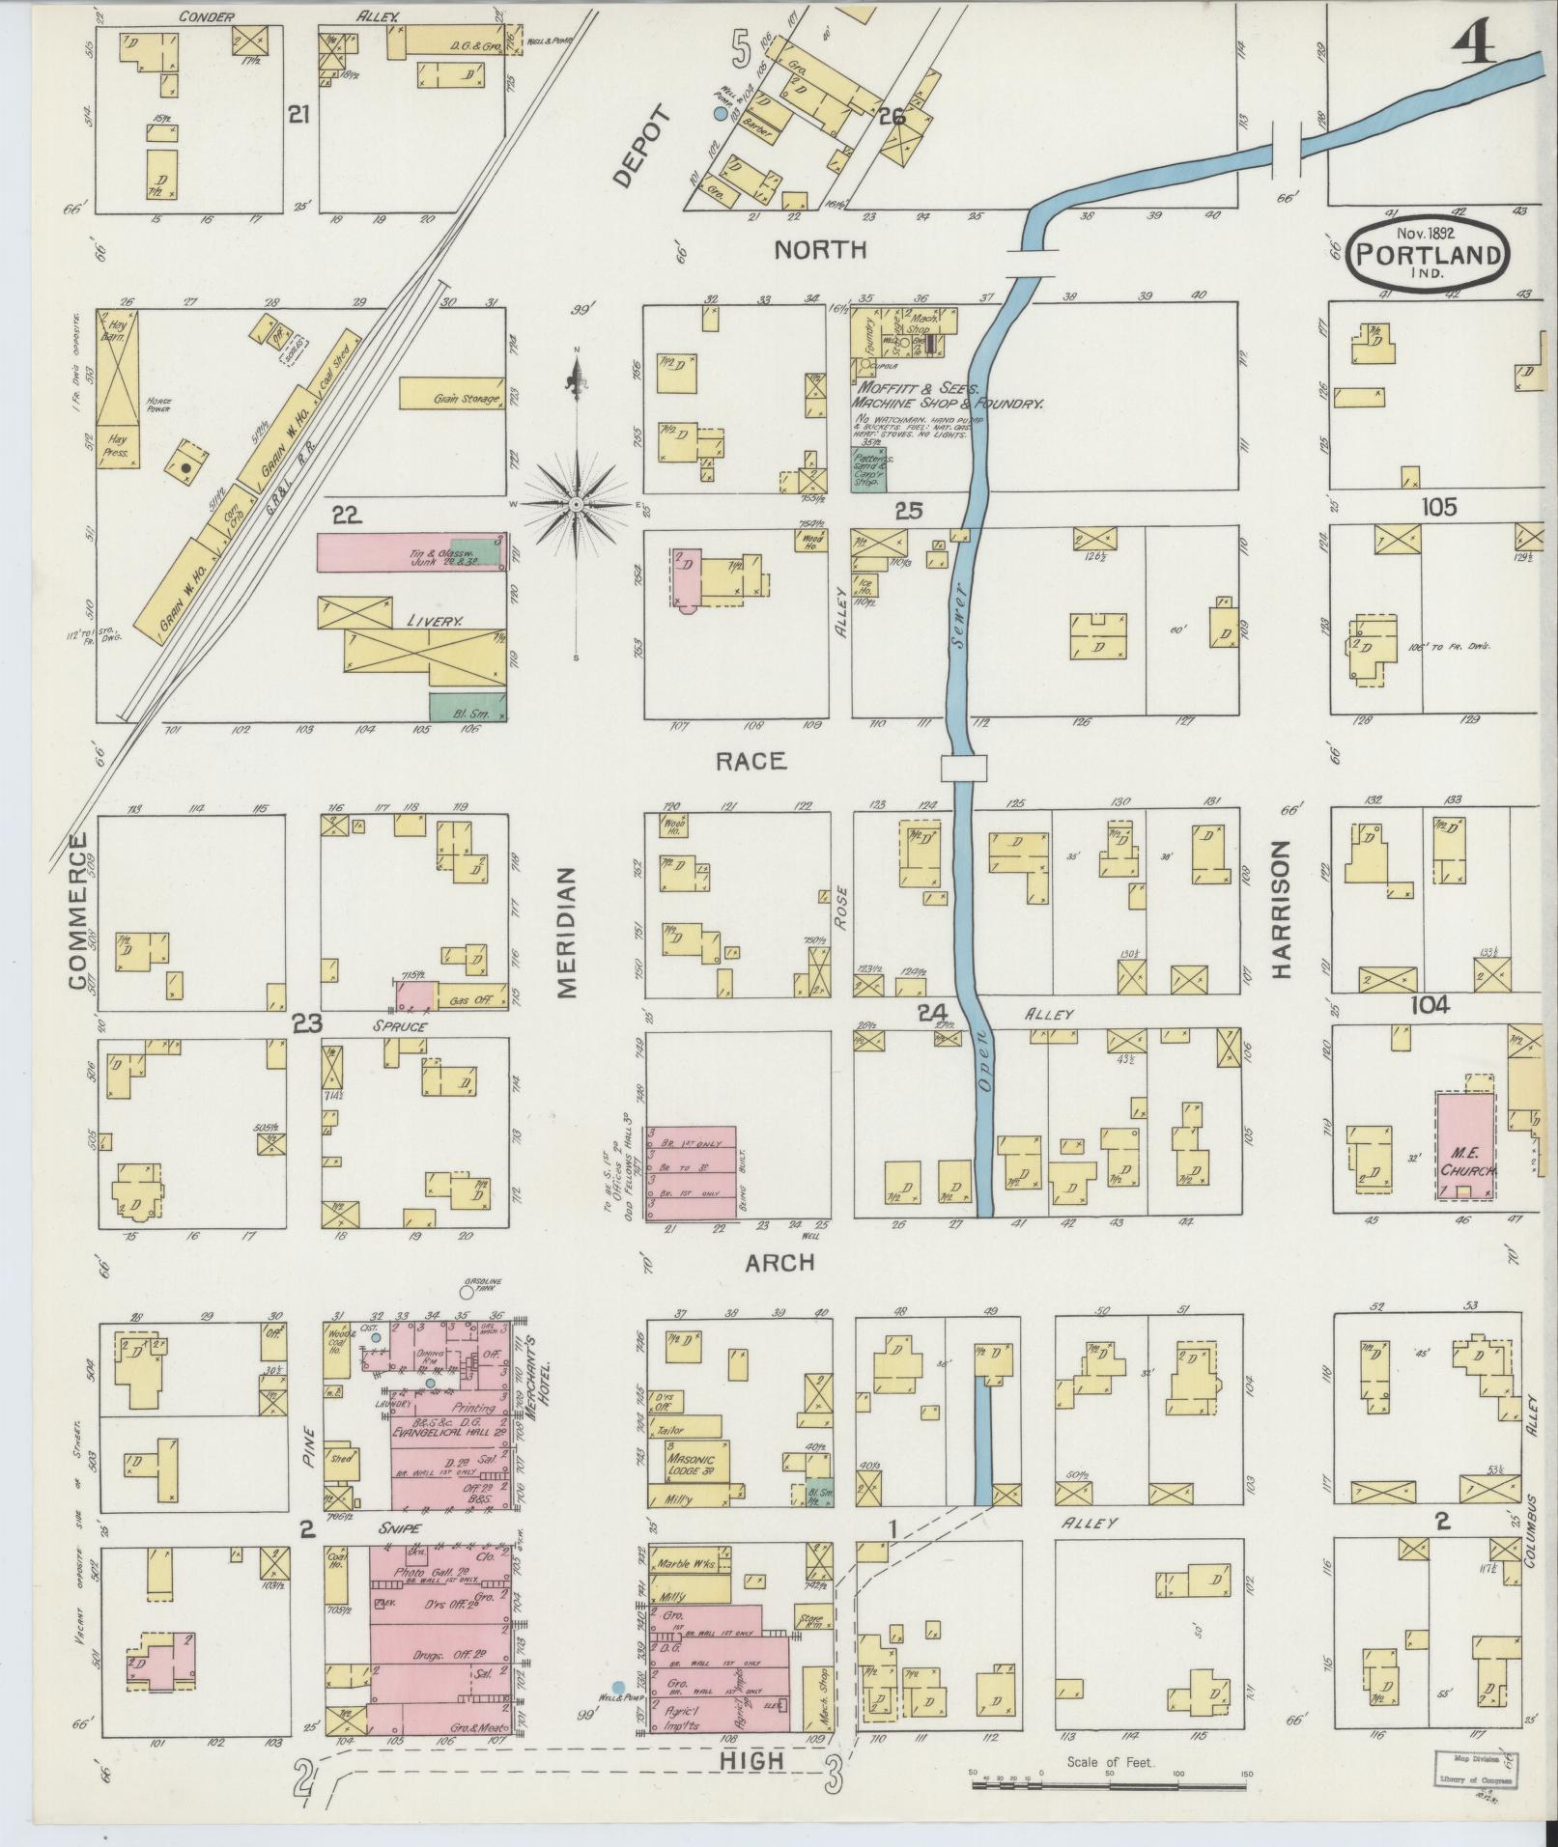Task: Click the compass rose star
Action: point(576,504)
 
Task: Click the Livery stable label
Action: point(435,623)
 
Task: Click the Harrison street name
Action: point(1282,910)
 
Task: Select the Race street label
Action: point(751,762)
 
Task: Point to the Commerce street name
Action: point(78,910)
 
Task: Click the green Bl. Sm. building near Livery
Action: point(467,707)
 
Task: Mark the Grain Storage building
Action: point(451,393)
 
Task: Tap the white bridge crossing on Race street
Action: point(963,768)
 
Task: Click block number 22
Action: point(348,518)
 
